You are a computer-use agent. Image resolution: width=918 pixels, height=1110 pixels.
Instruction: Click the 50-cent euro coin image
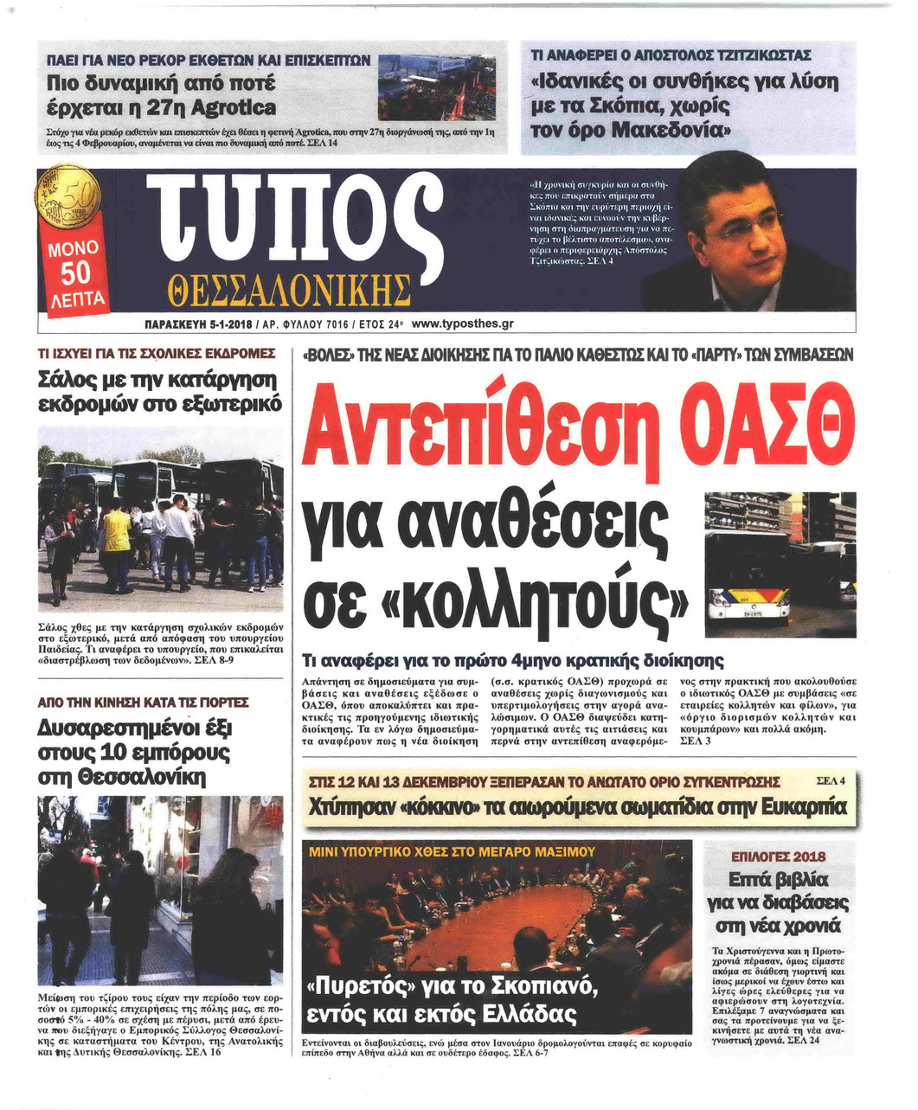click(71, 196)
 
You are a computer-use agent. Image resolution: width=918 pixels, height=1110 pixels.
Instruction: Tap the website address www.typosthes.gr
click(464, 324)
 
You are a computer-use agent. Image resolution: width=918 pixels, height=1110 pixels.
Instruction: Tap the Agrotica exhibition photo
click(437, 88)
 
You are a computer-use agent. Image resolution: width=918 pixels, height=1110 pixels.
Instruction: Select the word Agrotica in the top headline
click(234, 108)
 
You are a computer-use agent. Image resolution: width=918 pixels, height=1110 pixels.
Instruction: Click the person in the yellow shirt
click(117, 529)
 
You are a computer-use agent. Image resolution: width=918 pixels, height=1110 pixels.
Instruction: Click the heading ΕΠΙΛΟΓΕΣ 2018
click(778, 857)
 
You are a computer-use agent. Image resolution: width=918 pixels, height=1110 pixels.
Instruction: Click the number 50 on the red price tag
click(75, 273)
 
